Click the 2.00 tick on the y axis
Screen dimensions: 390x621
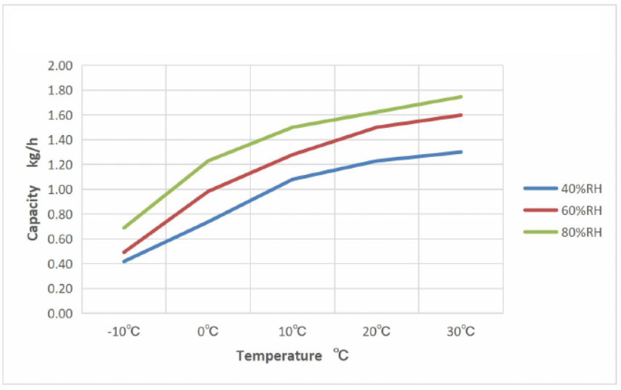point(61,66)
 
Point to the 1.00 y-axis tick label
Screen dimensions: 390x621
point(61,190)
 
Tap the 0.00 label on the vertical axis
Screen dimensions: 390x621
point(61,314)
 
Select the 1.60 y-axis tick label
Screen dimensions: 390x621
point(61,115)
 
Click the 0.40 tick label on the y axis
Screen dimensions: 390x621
point(61,264)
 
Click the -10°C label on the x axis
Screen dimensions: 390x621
point(124,332)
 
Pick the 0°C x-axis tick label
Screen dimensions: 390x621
point(208,332)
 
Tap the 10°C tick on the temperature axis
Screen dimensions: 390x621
point(292,332)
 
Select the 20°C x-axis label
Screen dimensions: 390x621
point(377,332)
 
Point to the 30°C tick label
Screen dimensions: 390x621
point(461,332)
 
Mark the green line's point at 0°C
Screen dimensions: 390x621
point(208,161)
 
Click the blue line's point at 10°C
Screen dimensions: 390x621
point(292,179)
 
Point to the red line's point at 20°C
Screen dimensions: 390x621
point(377,127)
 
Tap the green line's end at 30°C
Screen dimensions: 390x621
point(461,97)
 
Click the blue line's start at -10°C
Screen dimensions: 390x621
point(124,261)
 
